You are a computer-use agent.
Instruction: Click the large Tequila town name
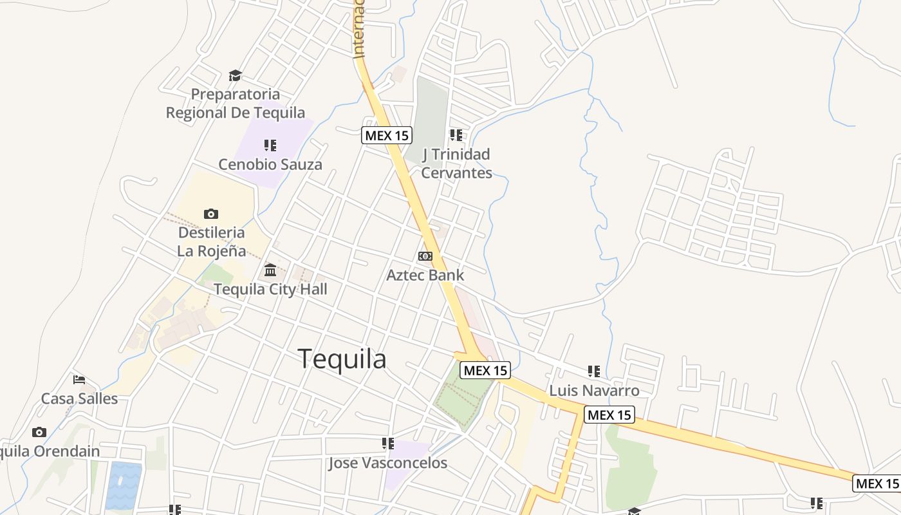tap(342, 359)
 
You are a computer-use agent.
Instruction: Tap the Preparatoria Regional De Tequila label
tap(236, 104)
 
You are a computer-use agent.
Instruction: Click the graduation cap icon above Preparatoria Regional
tap(235, 76)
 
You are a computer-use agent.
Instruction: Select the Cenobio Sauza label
tap(270, 164)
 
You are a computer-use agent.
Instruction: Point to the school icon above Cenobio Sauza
tap(270, 145)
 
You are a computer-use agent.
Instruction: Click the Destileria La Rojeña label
tap(211, 241)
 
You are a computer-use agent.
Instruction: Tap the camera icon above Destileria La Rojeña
tap(210, 214)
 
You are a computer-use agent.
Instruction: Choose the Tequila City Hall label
tap(270, 289)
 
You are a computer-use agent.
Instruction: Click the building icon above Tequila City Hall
tap(270, 270)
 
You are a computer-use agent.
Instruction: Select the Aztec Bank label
tap(425, 275)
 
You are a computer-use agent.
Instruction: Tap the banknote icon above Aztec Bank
tap(425, 256)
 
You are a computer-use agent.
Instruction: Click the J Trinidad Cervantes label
tap(456, 164)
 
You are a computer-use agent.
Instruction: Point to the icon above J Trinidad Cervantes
tap(456, 135)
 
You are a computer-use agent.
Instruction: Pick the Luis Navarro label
tap(594, 390)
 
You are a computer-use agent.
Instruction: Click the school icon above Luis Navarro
tap(593, 371)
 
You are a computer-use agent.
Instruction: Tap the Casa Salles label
tap(79, 398)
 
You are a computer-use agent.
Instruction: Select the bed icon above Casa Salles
tap(79, 380)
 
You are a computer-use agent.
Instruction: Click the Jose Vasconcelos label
tap(387, 463)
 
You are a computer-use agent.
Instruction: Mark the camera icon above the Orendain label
tap(39, 432)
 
